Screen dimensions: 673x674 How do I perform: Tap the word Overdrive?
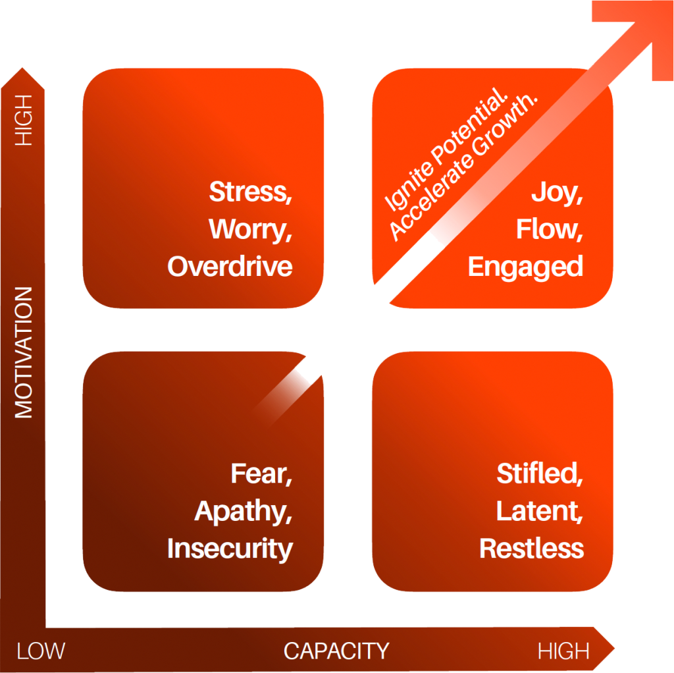coord(230,267)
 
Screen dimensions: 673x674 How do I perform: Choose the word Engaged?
coord(525,267)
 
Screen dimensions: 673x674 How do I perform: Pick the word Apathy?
coord(243,512)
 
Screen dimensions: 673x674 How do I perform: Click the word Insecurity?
coord(230,549)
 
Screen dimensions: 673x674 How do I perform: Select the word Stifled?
coord(539,474)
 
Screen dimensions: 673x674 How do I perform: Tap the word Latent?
coord(539,512)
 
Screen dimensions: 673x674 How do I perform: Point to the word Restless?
coord(531,549)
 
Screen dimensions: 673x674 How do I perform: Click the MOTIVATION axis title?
coord(24,352)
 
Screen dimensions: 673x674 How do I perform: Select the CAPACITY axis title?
coord(336,651)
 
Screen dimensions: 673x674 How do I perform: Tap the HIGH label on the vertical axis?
coord(24,119)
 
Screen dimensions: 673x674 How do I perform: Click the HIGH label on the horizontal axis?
coord(563,651)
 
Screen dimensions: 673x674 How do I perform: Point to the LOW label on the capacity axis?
coord(41,651)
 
